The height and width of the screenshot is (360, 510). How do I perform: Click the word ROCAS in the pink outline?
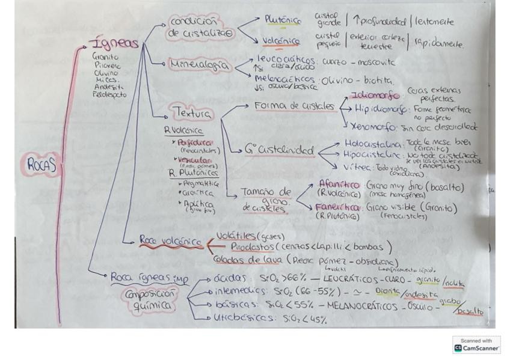pos(41,164)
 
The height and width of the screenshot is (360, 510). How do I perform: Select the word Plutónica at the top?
pos(283,20)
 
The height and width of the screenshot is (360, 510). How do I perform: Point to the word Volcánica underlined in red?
pos(281,41)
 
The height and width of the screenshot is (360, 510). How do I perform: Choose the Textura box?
pos(192,112)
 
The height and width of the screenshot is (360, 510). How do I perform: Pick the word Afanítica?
pos(340,186)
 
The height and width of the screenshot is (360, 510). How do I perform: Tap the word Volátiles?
pos(236,236)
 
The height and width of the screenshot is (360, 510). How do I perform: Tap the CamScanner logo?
pos(476,345)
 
